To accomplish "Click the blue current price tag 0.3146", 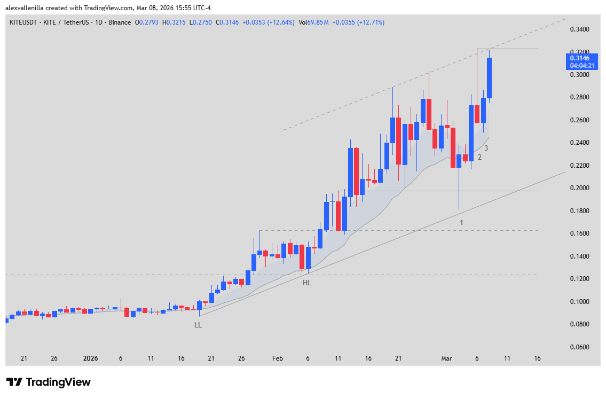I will coord(579,58).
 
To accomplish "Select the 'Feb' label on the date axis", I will coord(277,358).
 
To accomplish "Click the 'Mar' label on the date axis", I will coord(446,358).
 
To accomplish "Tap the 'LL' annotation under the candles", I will coord(198,325).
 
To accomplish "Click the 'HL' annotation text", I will coord(307,283).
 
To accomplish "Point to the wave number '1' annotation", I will coord(461,222).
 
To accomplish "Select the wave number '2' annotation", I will coord(479,157).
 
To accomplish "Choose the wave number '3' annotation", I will coord(486,148).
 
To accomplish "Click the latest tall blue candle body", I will coord(489,78).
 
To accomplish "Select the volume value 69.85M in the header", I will coord(319,22).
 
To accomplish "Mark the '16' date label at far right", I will coord(538,358).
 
